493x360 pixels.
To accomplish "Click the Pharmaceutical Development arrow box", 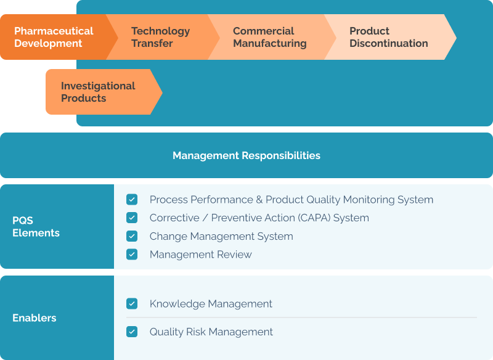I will pyautogui.click(x=54, y=37).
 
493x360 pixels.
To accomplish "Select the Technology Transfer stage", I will pyautogui.click(x=160, y=37).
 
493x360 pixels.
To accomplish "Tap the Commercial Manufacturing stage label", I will pyautogui.click(x=269, y=37).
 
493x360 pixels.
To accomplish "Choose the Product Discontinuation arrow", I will pyautogui.click(x=388, y=37).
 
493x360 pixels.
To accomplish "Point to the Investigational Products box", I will pyautogui.click(x=98, y=92).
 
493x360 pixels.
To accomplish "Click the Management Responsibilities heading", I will pyautogui.click(x=246, y=155).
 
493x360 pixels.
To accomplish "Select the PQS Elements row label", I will pyautogui.click(x=36, y=227).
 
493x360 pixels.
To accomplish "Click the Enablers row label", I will pyautogui.click(x=35, y=318).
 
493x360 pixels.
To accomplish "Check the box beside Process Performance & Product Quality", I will pyautogui.click(x=132, y=200).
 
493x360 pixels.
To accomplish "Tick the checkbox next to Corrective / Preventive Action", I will pyautogui.click(x=132, y=218).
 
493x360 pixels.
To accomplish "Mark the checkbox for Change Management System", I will pyautogui.click(x=132, y=236).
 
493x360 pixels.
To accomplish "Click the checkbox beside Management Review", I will pyautogui.click(x=132, y=254).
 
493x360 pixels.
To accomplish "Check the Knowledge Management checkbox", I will pyautogui.click(x=132, y=304).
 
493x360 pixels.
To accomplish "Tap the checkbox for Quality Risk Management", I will pyautogui.click(x=132, y=332).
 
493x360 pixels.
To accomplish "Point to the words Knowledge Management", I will pyautogui.click(x=211, y=304).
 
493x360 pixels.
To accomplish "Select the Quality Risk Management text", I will pyautogui.click(x=211, y=332).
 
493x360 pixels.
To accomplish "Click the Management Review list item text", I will pyautogui.click(x=200, y=255).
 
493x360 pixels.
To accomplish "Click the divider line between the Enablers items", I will pyautogui.click(x=302, y=317).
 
